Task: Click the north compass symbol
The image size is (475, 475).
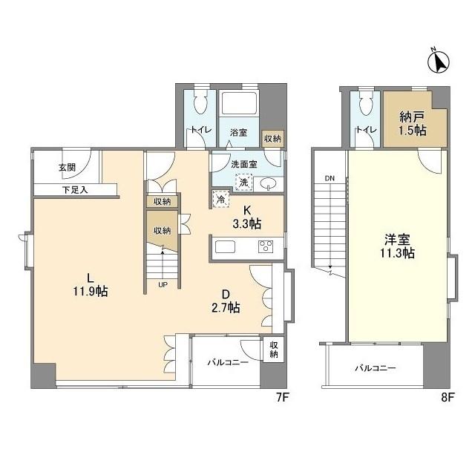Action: point(439,62)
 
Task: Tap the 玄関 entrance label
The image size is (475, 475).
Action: point(67,168)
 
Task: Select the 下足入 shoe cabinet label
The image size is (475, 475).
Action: point(75,190)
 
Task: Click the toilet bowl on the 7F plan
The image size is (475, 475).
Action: point(200,102)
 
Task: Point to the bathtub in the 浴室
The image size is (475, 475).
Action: point(239,102)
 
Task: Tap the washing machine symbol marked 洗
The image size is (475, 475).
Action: point(244,183)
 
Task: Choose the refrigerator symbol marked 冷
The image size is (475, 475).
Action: point(221,199)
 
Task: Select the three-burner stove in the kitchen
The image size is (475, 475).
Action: point(266,246)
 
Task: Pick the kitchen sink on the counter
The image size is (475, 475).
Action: point(225,247)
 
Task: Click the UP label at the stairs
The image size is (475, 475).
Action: point(163,284)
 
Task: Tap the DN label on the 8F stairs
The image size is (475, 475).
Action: point(330,178)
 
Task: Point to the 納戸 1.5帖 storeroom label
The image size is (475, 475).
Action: point(413,123)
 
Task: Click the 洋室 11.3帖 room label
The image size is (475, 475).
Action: point(398,246)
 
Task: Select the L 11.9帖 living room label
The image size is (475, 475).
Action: point(91,285)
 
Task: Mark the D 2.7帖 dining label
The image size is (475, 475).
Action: point(226,301)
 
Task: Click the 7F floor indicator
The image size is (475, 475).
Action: point(282,397)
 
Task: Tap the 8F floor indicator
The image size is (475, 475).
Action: point(448,397)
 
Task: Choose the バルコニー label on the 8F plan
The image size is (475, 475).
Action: point(376,368)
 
